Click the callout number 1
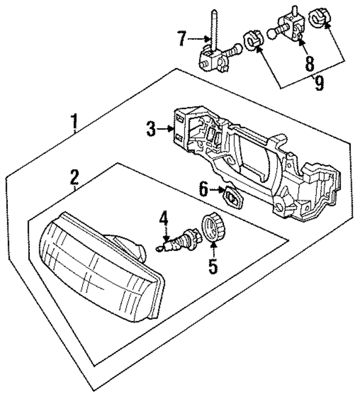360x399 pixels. coord(74,120)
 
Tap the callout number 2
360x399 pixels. coord(74,177)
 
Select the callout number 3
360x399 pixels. coord(151,129)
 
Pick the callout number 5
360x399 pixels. coord(212,265)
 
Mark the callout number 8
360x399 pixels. coord(309,63)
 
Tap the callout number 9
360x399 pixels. coord(319,84)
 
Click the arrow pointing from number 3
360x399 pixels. coord(166,129)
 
